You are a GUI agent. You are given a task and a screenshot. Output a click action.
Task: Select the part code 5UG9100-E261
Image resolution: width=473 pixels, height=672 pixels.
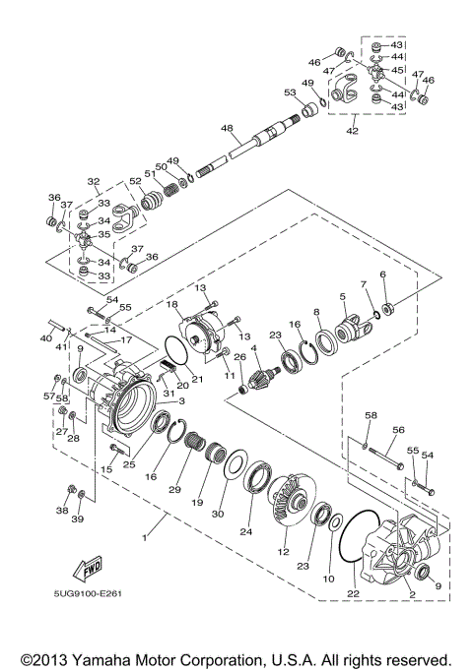(88, 620)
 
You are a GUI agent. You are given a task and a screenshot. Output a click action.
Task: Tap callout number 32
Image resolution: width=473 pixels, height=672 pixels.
(95, 182)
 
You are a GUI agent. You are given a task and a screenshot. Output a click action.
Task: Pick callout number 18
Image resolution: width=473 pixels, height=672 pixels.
(172, 306)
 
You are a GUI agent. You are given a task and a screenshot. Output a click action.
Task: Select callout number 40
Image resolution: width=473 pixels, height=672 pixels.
(45, 338)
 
